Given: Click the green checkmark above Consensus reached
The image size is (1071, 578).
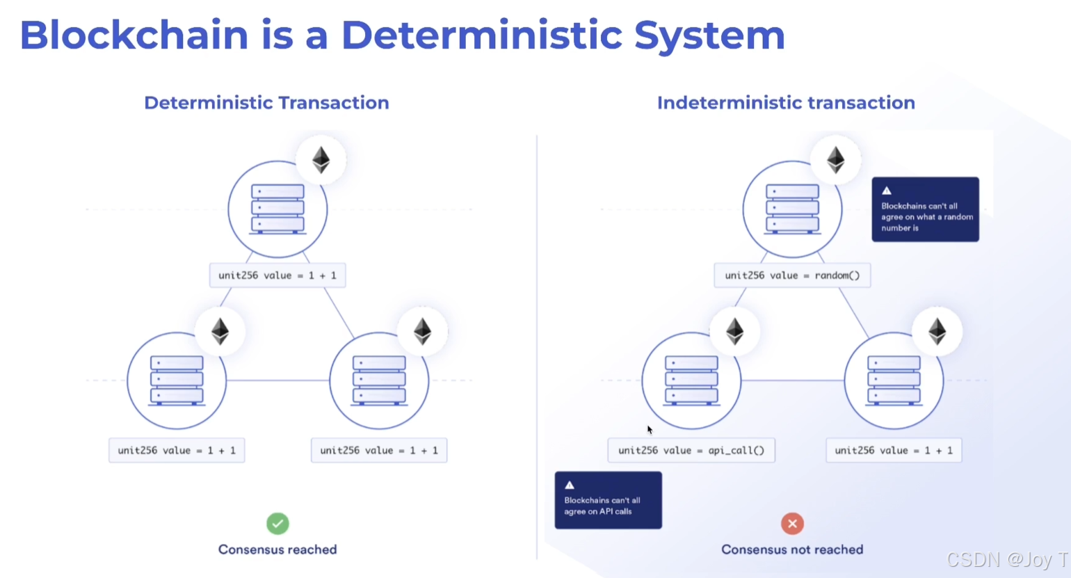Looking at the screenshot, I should pyautogui.click(x=277, y=523).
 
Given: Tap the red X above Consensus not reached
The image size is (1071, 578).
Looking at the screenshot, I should pyautogui.click(x=792, y=523).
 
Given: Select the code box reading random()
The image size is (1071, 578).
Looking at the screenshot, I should pyautogui.click(x=792, y=275).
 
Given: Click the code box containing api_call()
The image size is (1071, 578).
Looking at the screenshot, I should pyautogui.click(x=691, y=450).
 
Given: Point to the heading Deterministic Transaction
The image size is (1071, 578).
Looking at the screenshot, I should pyautogui.click(x=266, y=103).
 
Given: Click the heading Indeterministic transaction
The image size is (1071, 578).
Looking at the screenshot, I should pyautogui.click(x=786, y=103).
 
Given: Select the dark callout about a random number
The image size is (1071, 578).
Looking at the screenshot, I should pyautogui.click(x=925, y=209).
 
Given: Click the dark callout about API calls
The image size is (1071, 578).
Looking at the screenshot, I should pyautogui.click(x=608, y=501).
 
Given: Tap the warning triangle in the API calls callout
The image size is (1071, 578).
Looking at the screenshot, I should pyautogui.click(x=570, y=485).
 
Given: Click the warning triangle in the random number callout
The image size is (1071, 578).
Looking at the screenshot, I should pyautogui.click(x=887, y=190).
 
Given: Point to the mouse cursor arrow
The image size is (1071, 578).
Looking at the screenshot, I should pyautogui.click(x=650, y=429).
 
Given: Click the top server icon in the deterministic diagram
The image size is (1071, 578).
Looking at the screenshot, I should pyautogui.click(x=277, y=209).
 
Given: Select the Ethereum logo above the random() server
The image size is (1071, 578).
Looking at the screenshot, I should pyautogui.click(x=835, y=160).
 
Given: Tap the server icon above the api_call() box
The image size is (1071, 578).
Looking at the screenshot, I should pyautogui.click(x=691, y=380).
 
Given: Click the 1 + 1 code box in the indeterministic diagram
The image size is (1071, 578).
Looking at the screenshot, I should pyautogui.click(x=894, y=450).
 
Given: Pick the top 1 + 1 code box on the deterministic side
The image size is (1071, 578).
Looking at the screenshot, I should pyautogui.click(x=277, y=275).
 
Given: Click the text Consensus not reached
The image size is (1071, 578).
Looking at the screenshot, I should pyautogui.click(x=792, y=549).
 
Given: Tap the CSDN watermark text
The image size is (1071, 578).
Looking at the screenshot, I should pyautogui.click(x=1006, y=559).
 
